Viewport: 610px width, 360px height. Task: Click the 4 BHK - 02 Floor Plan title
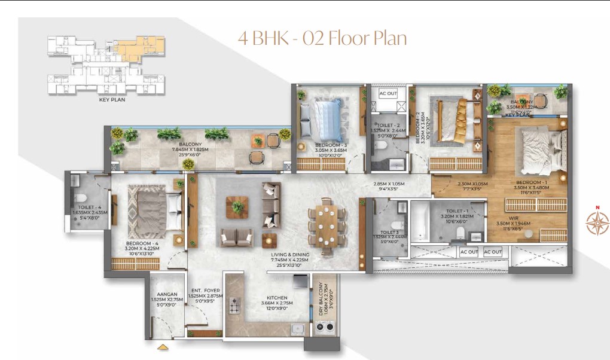point(322,38)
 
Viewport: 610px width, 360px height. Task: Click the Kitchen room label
point(277,297)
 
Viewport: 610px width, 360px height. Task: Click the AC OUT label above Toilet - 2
point(388,93)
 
